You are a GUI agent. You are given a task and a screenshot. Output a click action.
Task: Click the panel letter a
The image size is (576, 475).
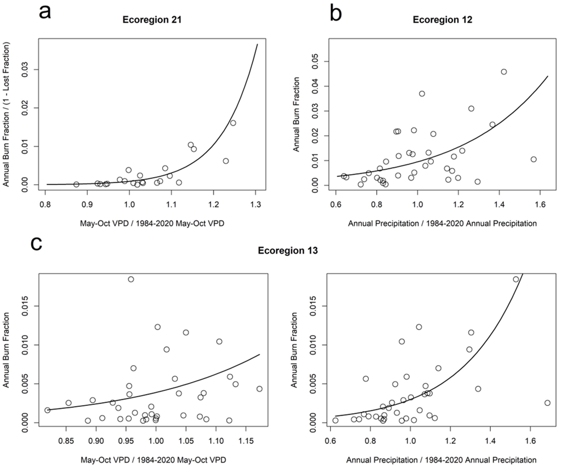click(45, 13)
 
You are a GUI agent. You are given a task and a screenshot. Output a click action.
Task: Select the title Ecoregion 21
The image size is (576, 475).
click(152, 20)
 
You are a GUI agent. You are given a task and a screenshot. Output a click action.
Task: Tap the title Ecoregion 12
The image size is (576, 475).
click(442, 20)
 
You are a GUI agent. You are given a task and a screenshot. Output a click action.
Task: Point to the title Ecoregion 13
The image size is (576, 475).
click(288, 251)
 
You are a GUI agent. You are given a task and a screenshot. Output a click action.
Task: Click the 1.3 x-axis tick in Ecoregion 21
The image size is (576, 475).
click(255, 204)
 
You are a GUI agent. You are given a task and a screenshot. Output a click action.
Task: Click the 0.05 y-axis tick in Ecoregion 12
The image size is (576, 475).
click(315, 61)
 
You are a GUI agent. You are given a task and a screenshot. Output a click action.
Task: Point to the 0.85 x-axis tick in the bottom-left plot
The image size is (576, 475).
click(66, 441)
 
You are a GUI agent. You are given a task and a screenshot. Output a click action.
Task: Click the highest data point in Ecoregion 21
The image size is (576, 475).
click(233, 123)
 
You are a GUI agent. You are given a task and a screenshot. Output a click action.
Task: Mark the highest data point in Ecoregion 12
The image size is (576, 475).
click(504, 72)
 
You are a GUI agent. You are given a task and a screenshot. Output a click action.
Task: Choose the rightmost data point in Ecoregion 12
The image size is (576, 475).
click(534, 159)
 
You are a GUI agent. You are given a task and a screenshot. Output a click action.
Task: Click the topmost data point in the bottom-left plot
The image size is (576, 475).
click(131, 279)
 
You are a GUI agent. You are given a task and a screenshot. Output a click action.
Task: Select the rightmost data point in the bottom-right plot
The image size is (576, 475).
click(547, 403)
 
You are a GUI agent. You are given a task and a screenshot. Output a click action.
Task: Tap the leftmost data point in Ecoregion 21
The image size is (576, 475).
click(76, 184)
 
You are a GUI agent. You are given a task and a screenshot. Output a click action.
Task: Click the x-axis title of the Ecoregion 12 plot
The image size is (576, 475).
click(442, 224)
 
